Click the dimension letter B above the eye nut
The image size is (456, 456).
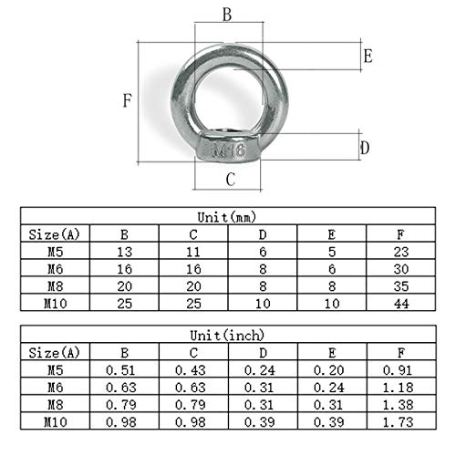(x=227, y=14)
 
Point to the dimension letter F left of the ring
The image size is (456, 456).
(x=127, y=101)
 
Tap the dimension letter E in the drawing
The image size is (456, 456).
(x=368, y=57)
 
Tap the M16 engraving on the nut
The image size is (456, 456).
(x=227, y=149)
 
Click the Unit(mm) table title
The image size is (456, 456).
(x=226, y=217)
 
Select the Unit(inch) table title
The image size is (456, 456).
(x=226, y=333)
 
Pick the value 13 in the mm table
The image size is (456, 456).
(x=124, y=250)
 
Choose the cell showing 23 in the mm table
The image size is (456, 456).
(x=401, y=250)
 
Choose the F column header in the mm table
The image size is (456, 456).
(x=401, y=233)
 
